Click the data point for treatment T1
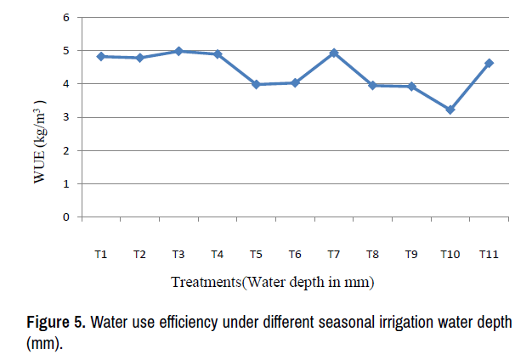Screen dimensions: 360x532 (x=100, y=56)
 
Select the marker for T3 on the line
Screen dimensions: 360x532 (x=178, y=51)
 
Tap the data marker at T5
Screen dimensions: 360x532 (x=256, y=84)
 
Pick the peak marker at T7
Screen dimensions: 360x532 (x=334, y=53)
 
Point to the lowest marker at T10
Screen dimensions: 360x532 (x=450, y=110)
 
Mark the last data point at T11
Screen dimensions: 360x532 (x=489, y=63)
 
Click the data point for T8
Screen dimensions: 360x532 (x=372, y=85)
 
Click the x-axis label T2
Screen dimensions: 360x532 (x=139, y=254)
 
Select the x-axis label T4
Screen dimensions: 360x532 (x=217, y=254)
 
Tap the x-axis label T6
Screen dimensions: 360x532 (x=295, y=254)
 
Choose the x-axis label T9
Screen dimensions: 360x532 (x=411, y=254)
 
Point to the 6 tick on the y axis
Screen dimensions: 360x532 (x=66, y=18)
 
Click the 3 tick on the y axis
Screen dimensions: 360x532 (x=66, y=117)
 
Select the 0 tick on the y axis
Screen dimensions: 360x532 (x=66, y=217)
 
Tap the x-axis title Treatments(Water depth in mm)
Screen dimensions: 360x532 (x=273, y=281)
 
